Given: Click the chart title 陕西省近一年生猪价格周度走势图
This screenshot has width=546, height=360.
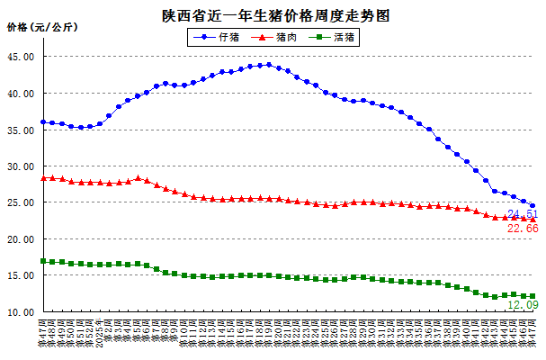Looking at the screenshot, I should point(273,16).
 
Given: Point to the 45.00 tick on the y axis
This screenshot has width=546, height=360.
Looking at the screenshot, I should point(22,57).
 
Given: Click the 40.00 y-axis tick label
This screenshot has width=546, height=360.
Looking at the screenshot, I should point(22,94).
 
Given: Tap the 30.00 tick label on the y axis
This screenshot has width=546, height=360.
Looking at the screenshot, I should point(22,166).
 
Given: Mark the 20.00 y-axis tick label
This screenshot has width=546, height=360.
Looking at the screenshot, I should point(22,239).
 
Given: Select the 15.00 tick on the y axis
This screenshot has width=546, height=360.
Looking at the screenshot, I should point(22,276).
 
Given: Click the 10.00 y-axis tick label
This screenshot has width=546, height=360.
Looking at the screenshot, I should point(22,312).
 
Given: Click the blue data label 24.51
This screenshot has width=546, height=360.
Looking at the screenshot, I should point(523,214).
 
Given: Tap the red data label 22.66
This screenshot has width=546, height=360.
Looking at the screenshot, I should point(523,229).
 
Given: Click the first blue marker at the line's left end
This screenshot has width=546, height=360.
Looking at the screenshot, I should point(42,121).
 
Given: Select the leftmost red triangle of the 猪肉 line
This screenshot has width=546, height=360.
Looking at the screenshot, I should point(42,178).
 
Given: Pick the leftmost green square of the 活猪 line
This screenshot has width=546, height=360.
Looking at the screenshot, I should point(42,261).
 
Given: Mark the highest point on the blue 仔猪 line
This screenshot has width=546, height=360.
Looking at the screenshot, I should point(268,64).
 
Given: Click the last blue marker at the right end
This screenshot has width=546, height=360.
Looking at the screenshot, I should point(533,206).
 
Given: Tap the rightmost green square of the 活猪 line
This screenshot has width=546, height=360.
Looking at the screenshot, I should point(533,296).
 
